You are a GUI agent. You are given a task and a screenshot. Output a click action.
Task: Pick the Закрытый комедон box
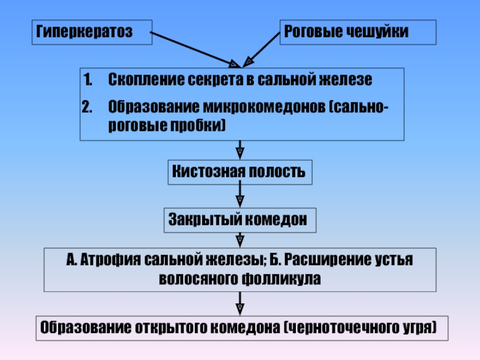click(239, 220)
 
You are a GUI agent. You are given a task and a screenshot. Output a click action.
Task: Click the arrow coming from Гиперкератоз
click(193, 47)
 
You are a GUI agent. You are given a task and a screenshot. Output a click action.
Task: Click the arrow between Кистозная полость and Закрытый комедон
click(239, 196)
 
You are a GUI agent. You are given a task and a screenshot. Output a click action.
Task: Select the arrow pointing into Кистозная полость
click(239, 150)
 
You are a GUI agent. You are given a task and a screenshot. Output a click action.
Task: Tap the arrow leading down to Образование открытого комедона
click(239, 304)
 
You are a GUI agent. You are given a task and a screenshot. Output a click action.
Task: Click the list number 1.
click(88, 80)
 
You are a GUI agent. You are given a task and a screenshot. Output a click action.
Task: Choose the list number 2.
click(89, 107)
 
